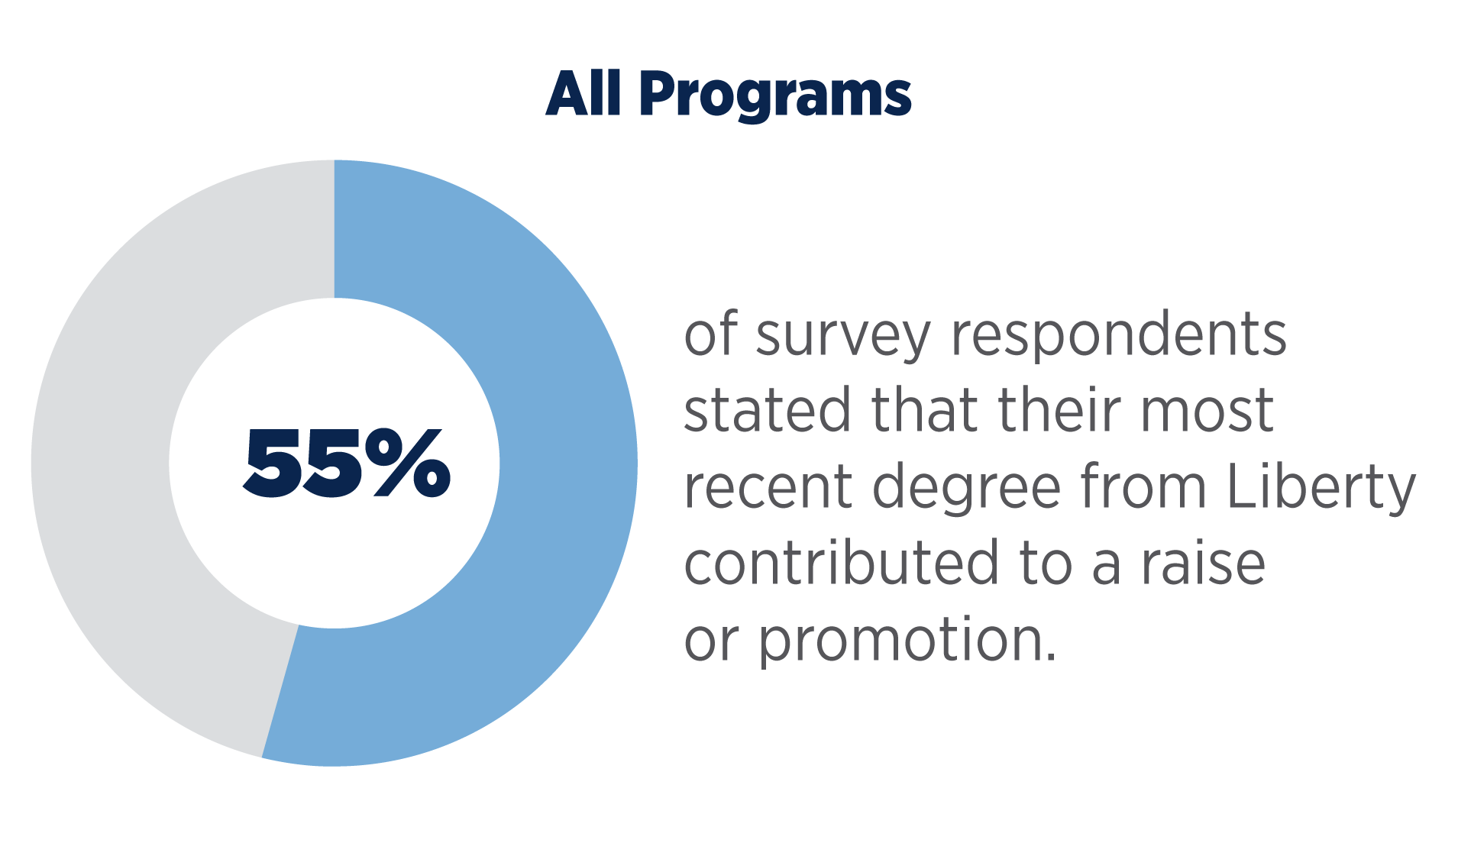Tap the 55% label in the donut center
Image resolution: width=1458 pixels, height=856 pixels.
pos(347,463)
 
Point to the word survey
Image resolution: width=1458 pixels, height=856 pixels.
pos(843,337)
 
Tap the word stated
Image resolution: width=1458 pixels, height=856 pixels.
pos(767,409)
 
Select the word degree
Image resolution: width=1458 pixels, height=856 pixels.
pos(967,489)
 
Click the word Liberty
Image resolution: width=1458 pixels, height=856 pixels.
pos(1321,489)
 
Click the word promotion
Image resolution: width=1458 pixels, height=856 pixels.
pos(907,641)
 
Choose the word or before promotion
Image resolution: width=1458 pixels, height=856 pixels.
pos(711,641)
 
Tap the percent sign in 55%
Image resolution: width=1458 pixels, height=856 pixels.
pos(408,463)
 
